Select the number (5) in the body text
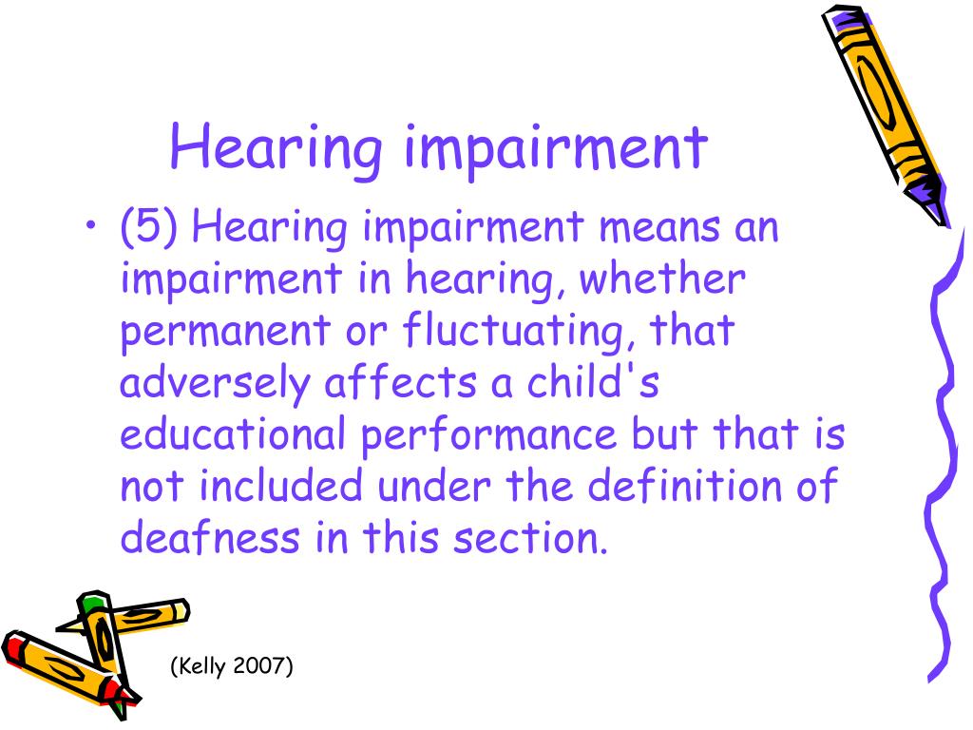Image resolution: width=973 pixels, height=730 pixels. click(x=148, y=226)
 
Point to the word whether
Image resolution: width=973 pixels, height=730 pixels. click(x=662, y=279)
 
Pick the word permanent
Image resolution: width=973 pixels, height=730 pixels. click(x=224, y=332)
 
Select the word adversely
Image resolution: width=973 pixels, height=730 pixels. click(x=214, y=384)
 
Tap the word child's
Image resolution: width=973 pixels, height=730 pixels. click(x=593, y=382)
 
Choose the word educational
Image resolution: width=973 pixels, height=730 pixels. click(x=233, y=433)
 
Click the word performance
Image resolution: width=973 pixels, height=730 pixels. click(x=488, y=435)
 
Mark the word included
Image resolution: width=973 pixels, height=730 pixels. click(x=280, y=485)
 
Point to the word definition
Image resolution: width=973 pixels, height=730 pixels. click(x=684, y=485)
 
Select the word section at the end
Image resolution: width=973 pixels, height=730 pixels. click(x=530, y=538)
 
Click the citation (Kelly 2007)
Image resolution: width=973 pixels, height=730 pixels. click(x=232, y=666)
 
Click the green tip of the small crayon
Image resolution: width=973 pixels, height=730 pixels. click(x=94, y=601)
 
